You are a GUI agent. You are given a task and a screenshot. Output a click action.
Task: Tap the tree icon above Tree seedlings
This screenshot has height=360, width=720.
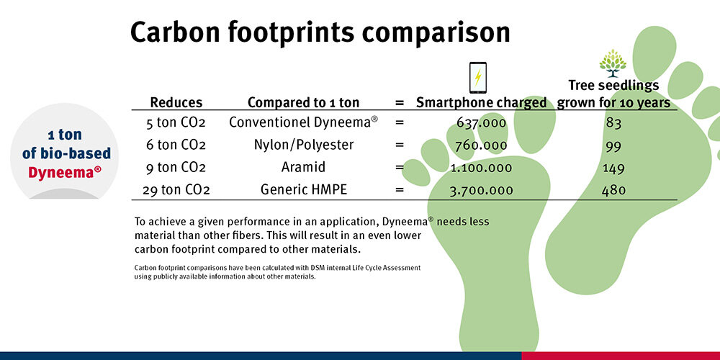(x=613, y=63)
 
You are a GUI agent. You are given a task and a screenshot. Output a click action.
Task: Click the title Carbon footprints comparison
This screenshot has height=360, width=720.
(x=320, y=33)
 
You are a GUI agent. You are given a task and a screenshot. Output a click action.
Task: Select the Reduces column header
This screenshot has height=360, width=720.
(x=176, y=102)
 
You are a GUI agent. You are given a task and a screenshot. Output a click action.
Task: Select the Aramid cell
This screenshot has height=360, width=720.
(x=303, y=167)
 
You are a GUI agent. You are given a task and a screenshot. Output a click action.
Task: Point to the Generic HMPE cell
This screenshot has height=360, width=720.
(x=304, y=190)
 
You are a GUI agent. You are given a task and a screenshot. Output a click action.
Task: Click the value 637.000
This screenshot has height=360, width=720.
(x=482, y=122)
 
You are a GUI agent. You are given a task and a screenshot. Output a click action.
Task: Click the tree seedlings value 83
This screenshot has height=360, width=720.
(x=613, y=122)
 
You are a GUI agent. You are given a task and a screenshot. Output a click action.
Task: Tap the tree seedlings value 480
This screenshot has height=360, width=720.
(x=613, y=190)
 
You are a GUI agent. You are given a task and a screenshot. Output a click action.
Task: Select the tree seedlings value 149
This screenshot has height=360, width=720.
(x=613, y=168)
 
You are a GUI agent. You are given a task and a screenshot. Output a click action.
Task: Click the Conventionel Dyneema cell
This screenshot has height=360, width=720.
(x=303, y=122)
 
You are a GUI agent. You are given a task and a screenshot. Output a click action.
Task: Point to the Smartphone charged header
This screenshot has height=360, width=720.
(x=482, y=102)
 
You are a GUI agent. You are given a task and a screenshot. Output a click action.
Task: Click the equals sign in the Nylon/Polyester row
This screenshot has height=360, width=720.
(x=400, y=145)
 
